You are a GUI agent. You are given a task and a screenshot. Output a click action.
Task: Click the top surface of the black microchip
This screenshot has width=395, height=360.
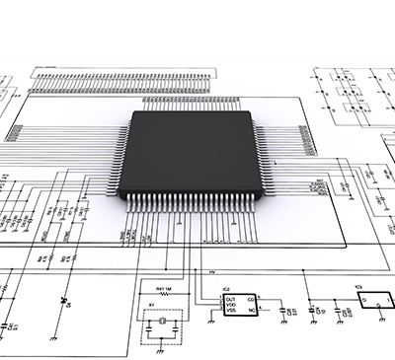(x=194, y=152)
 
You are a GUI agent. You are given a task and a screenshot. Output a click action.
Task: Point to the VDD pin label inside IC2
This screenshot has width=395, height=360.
(x=230, y=303)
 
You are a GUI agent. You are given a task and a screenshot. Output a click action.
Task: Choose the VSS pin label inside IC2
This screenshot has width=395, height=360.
(x=230, y=310)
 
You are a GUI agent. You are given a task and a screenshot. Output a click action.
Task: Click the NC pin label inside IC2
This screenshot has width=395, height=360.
(x=251, y=309)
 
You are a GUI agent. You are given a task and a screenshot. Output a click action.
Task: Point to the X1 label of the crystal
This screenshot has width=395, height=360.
(x=151, y=305)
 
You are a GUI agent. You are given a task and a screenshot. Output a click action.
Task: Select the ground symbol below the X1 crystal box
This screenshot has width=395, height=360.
(x=159, y=340)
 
